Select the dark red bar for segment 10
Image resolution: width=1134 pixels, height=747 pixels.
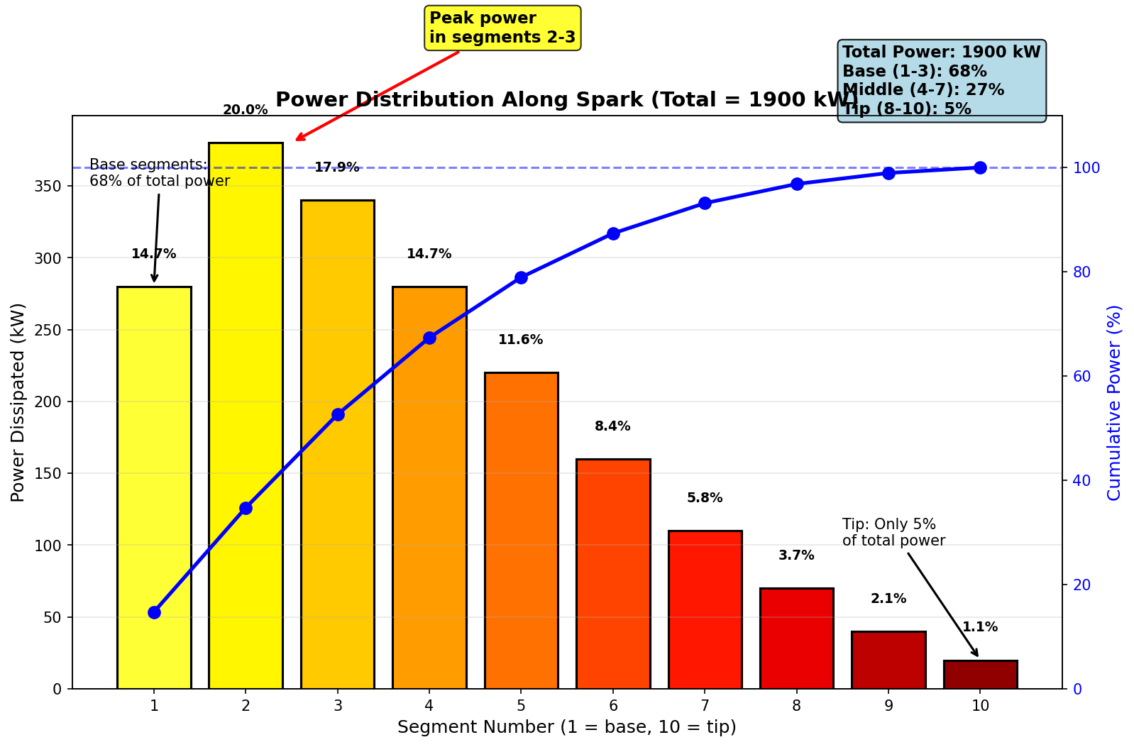coord(980,675)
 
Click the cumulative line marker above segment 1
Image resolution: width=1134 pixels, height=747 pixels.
coord(154,612)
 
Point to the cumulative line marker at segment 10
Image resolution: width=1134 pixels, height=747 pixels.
coord(980,167)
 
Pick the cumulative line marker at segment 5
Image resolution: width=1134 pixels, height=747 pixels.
coord(521,277)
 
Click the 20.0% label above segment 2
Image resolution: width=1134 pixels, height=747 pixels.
coord(246,110)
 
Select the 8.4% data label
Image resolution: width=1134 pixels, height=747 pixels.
coord(612,426)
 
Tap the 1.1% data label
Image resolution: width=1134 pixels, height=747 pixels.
coord(980,627)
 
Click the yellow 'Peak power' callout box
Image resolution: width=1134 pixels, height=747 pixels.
coord(502,28)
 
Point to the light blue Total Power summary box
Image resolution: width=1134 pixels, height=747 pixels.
coord(941,81)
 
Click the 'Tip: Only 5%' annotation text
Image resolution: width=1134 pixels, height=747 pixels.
coord(893,533)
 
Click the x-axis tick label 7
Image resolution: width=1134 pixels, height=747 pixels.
coord(705,706)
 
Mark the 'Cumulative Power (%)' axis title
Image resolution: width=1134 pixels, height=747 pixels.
coord(1114,402)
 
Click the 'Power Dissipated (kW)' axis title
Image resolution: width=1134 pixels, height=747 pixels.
coord(18,402)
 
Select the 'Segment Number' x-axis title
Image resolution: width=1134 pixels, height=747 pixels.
coord(566,727)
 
